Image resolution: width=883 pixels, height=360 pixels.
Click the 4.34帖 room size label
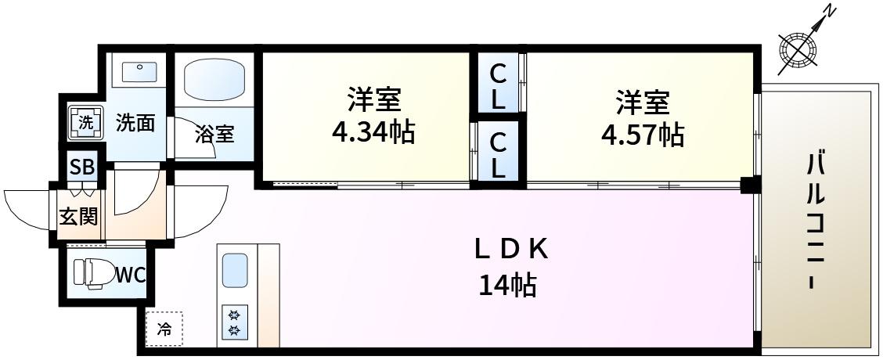click(373, 133)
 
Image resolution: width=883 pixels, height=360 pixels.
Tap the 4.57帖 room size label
click(643, 135)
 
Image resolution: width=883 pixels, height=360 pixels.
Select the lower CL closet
click(497, 151)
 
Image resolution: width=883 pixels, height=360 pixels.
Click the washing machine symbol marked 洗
click(85, 123)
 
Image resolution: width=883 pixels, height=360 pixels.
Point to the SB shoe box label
click(83, 168)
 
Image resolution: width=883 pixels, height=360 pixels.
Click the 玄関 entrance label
click(78, 216)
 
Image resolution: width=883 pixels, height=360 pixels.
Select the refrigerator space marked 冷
click(164, 329)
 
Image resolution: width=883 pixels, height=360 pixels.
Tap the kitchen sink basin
click(235, 271)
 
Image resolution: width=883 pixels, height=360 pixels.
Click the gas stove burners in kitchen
click(234, 322)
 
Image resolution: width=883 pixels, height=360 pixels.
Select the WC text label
click(131, 275)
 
